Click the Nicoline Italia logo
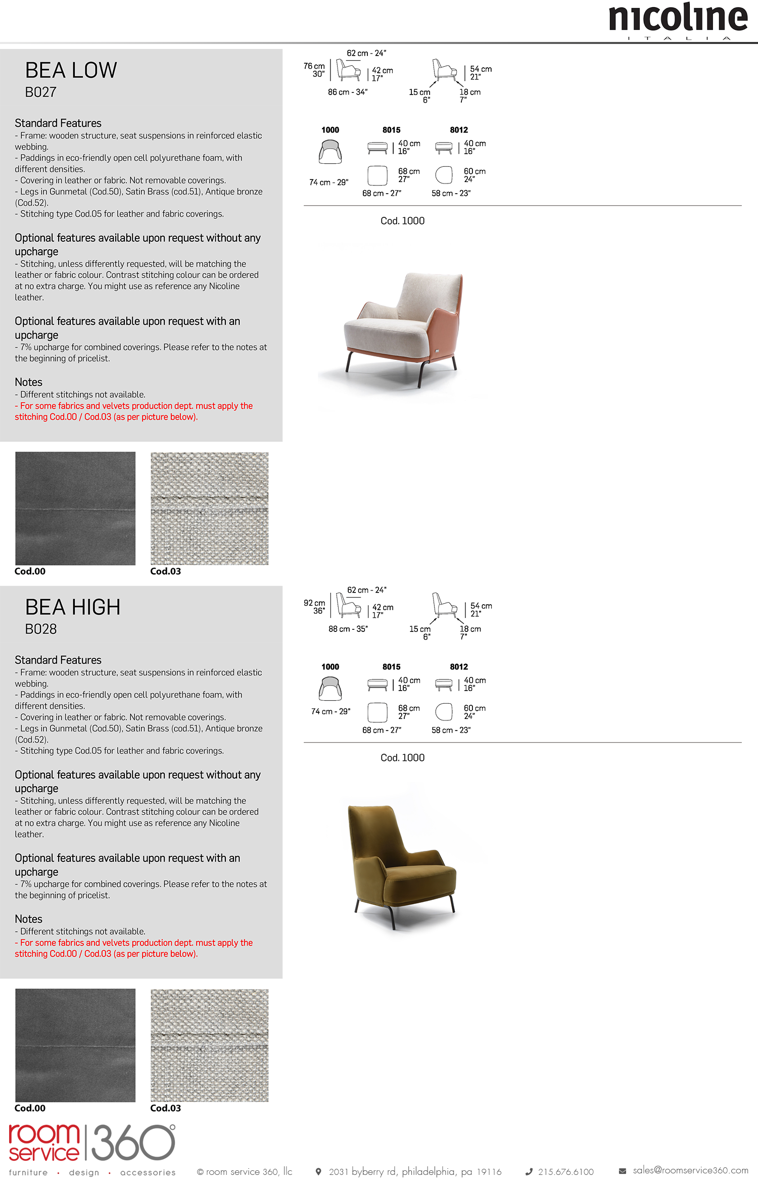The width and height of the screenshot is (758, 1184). pyautogui.click(x=678, y=20)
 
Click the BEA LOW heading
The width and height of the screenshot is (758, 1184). pyautogui.click(x=71, y=70)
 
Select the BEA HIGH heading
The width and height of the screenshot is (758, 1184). pyautogui.click(x=73, y=607)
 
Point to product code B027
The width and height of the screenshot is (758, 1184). pyautogui.click(x=40, y=93)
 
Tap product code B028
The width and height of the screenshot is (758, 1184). pyautogui.click(x=41, y=629)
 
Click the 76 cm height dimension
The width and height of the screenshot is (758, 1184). pyautogui.click(x=314, y=70)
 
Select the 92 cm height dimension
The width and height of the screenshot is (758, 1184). pyautogui.click(x=314, y=607)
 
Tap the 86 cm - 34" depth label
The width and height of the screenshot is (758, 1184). pyautogui.click(x=347, y=92)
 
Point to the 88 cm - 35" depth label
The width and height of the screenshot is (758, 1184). pyautogui.click(x=348, y=629)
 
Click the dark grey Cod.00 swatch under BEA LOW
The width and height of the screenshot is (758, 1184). pyautogui.click(x=75, y=508)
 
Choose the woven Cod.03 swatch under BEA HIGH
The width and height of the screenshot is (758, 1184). pyautogui.click(x=210, y=1045)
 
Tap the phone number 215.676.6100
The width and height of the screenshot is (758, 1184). pyautogui.click(x=565, y=1172)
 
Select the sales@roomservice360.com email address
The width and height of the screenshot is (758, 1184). pyautogui.click(x=690, y=1170)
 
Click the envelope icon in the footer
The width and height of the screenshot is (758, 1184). pyautogui.click(x=623, y=1171)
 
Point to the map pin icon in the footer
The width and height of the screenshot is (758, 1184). pyautogui.click(x=318, y=1171)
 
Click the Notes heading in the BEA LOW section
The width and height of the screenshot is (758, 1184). pyautogui.click(x=28, y=382)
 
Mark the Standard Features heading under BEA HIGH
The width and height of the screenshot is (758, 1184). pyautogui.click(x=58, y=660)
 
